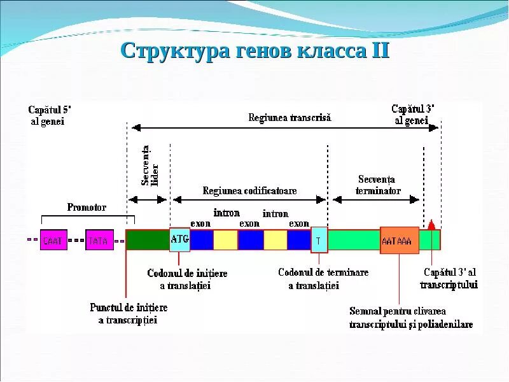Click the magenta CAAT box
pyautogui.click(x=53, y=240)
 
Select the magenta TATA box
pyautogui.click(x=99, y=240)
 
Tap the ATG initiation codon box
pyautogui.click(x=179, y=239)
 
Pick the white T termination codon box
pyautogui.click(x=319, y=240)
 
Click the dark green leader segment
pyautogui.click(x=148, y=240)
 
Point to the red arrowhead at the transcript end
pyautogui.click(x=431, y=224)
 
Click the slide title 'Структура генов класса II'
pyautogui.click(x=254, y=50)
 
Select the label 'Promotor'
pyautogui.click(x=87, y=207)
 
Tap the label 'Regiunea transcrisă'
pyautogui.click(x=289, y=118)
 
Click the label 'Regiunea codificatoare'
pyautogui.click(x=249, y=190)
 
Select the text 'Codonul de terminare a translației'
pyautogui.click(x=323, y=279)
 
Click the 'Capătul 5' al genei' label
pyautogui.click(x=47, y=115)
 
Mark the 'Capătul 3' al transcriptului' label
pyautogui.click(x=449, y=278)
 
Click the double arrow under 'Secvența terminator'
pyautogui.click(x=376, y=199)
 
